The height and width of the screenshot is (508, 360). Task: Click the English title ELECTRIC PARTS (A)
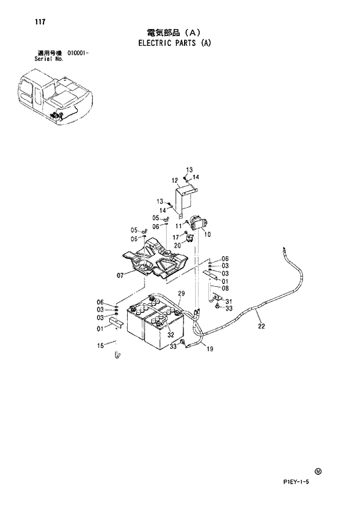(x=174, y=42)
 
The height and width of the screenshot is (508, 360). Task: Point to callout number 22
(x=261, y=326)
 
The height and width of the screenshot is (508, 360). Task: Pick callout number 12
(x=174, y=180)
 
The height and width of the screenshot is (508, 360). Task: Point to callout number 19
(x=210, y=349)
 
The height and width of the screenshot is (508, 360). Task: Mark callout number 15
(x=101, y=346)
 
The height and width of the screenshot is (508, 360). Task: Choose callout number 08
(x=225, y=288)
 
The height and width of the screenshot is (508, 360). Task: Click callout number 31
(x=228, y=301)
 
